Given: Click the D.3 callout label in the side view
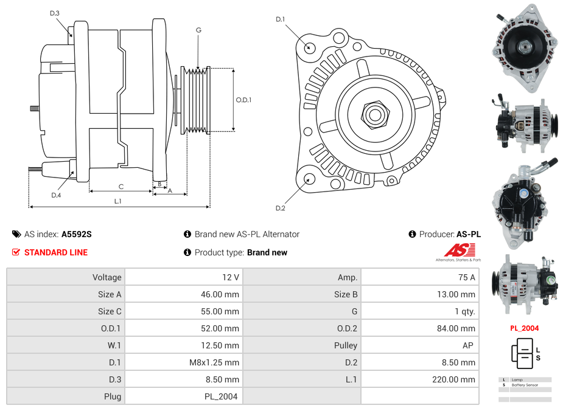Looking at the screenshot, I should [55, 13].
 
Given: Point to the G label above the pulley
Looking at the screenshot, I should [198, 30].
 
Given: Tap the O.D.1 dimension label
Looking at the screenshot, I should [243, 100].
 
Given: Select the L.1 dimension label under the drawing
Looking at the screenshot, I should [118, 201].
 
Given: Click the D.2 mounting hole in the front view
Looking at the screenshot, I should [309, 179].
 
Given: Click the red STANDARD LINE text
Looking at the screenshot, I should [56, 252].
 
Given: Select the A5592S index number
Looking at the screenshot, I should [77, 234].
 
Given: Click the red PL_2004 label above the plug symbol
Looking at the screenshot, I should [524, 328].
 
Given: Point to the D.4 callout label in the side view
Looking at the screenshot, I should [56, 195].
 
